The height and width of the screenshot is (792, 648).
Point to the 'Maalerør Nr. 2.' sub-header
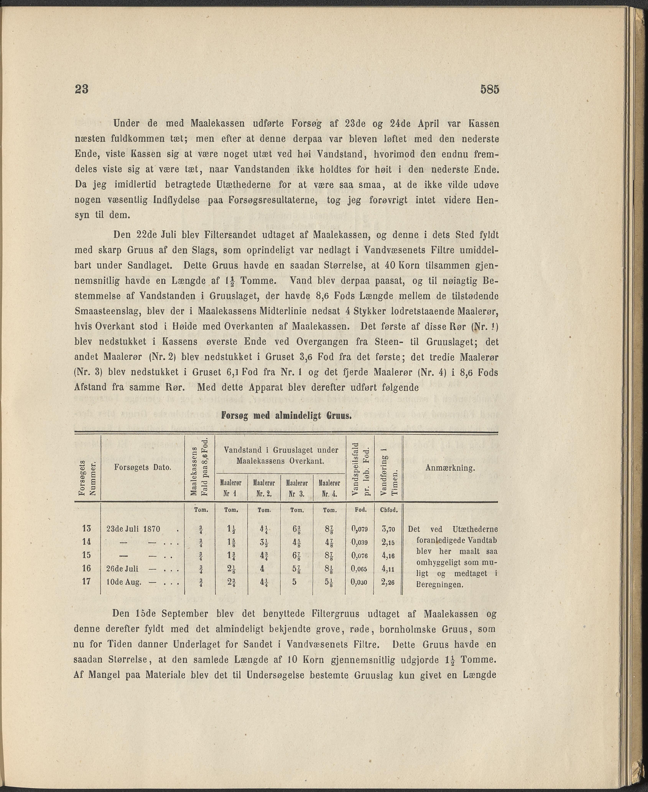point(264,489)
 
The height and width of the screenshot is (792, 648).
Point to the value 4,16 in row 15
point(388,556)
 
